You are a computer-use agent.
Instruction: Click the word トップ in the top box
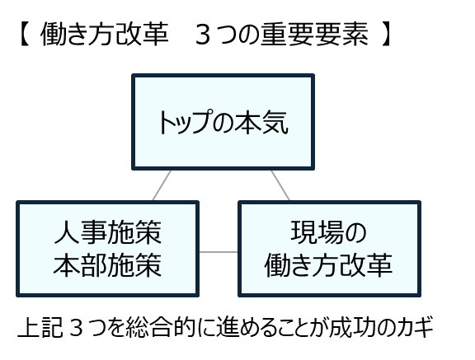[184, 122]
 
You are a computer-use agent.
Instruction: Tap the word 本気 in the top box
[261, 122]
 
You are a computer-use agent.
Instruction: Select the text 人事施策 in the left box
[107, 232]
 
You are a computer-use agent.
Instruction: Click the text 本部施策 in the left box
[107, 265]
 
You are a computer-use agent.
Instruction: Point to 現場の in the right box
[329, 232]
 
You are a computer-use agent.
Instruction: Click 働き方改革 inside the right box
[329, 265]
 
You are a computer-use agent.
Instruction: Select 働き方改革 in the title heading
[105, 34]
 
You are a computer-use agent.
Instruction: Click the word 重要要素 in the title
[315, 34]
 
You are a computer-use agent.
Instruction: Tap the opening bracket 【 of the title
[24, 34]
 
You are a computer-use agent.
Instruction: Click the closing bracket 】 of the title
[386, 34]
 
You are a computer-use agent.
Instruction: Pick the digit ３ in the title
[203, 35]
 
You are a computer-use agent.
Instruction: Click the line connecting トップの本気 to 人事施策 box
[162, 185]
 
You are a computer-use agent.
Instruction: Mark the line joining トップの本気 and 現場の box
[280, 185]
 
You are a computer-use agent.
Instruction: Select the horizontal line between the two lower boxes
[219, 252]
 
